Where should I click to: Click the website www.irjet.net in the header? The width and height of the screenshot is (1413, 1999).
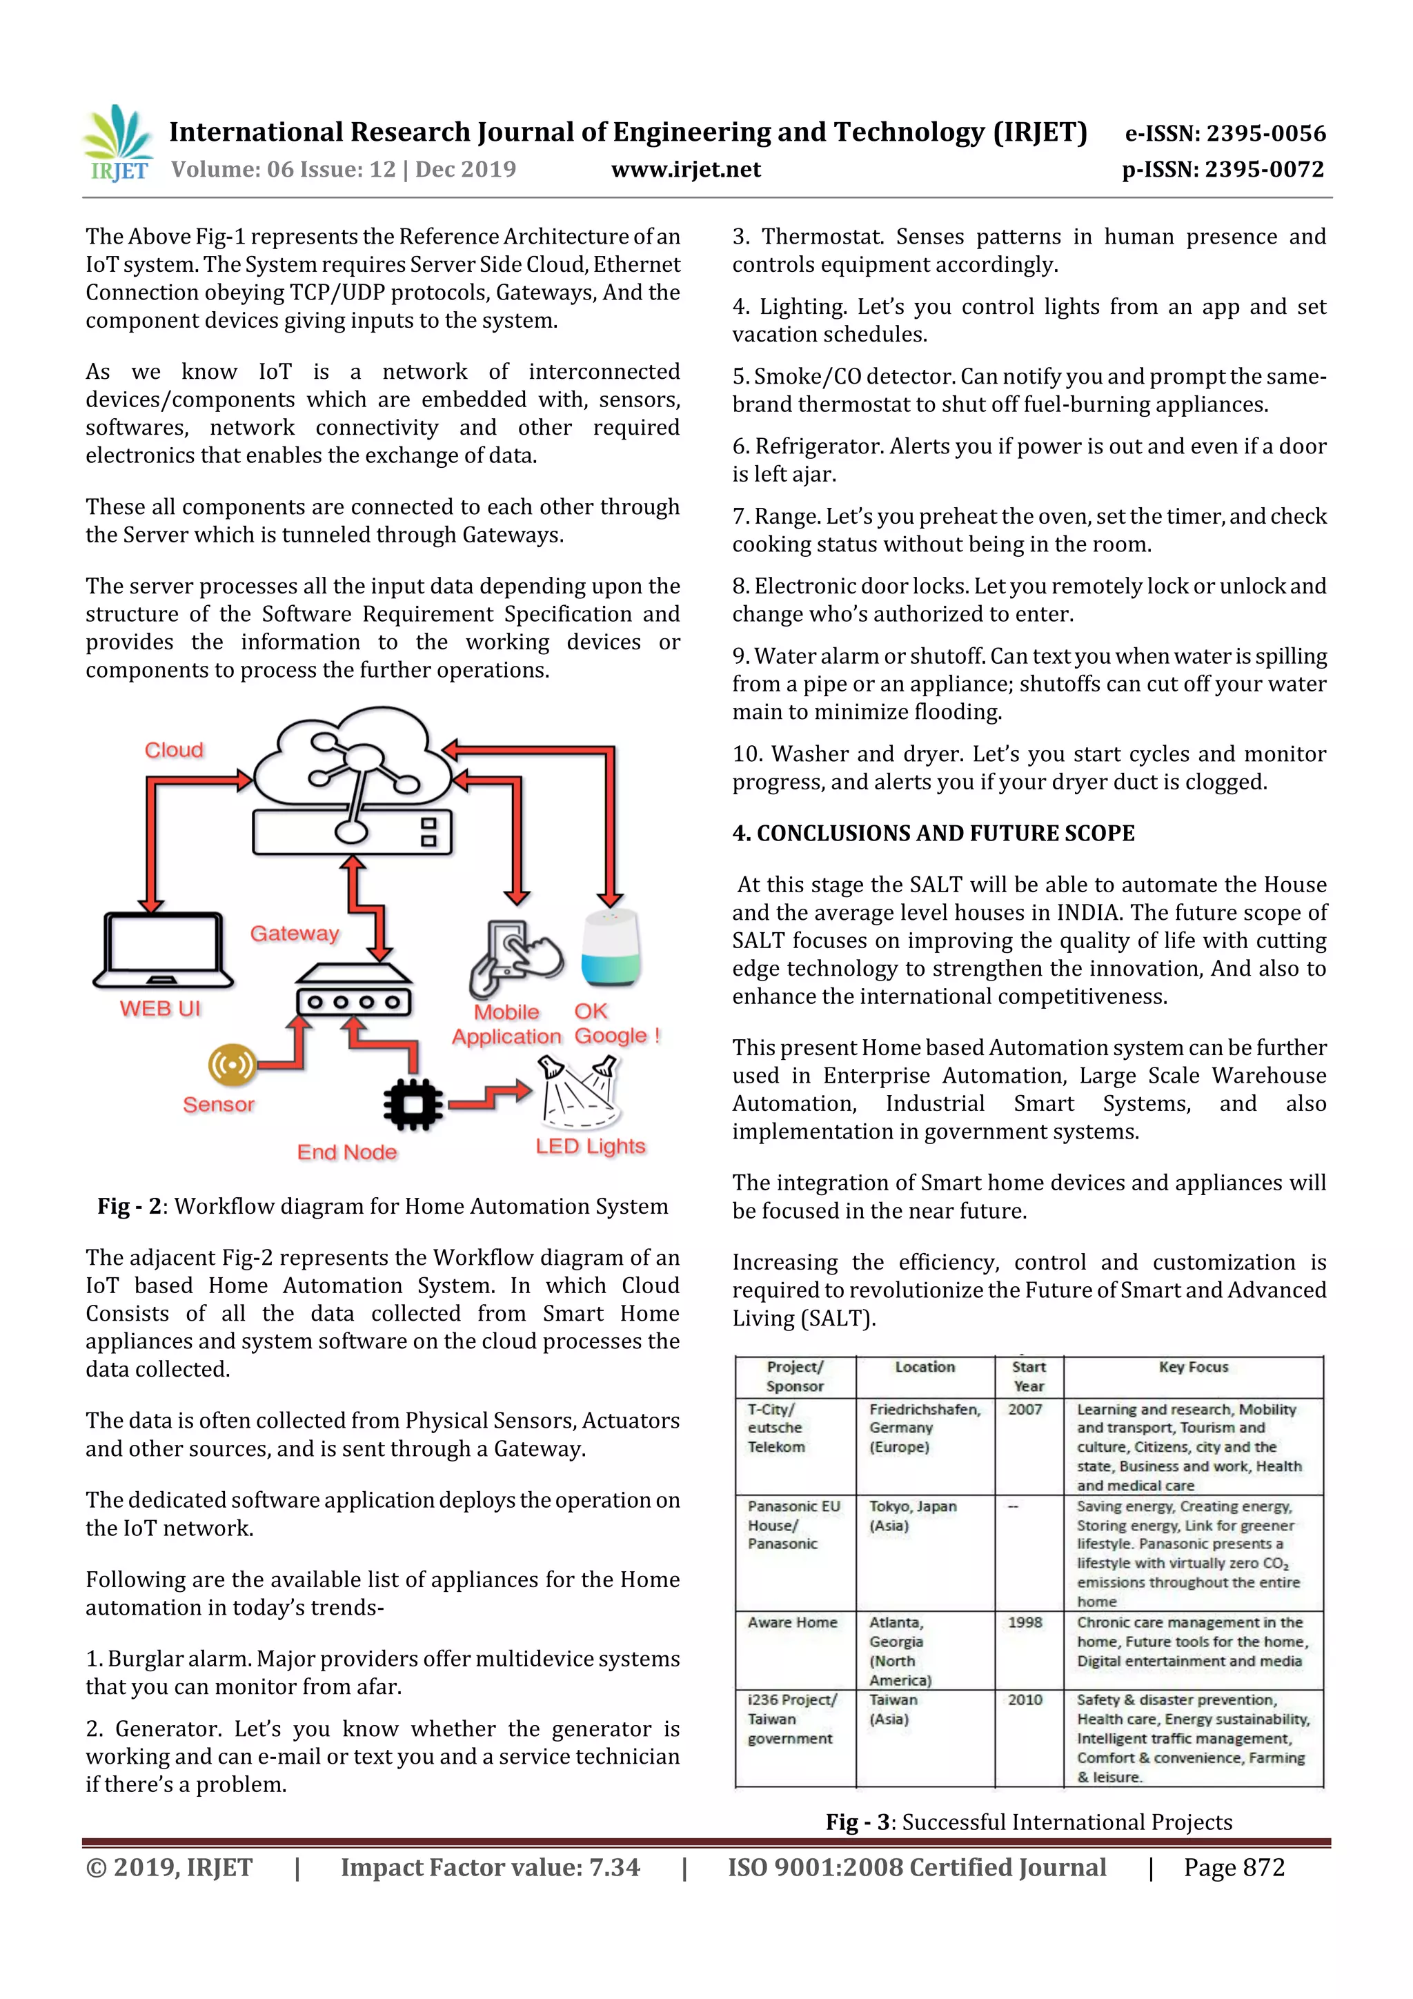[685, 170]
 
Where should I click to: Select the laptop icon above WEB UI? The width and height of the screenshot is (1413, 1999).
[163, 950]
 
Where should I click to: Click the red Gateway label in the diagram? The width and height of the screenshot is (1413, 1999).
[295, 934]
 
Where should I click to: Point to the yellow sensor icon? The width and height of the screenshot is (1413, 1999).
[232, 1064]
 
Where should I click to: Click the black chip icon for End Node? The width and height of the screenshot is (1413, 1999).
[413, 1105]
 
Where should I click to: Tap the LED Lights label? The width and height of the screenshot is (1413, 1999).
[591, 1147]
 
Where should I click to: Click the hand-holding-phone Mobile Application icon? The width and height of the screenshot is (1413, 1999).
[513, 958]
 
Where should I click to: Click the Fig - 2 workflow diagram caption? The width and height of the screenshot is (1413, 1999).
[383, 1206]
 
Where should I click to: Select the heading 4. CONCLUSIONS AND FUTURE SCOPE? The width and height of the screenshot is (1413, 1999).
[933, 834]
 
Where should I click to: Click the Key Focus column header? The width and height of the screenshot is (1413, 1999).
[1193, 1367]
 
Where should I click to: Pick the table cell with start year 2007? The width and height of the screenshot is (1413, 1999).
[1025, 1410]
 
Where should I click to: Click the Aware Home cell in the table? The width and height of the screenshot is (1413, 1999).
[792, 1622]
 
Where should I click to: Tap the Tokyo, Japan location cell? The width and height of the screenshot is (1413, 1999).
[912, 1516]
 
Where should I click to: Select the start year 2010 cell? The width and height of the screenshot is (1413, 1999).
[1025, 1700]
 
